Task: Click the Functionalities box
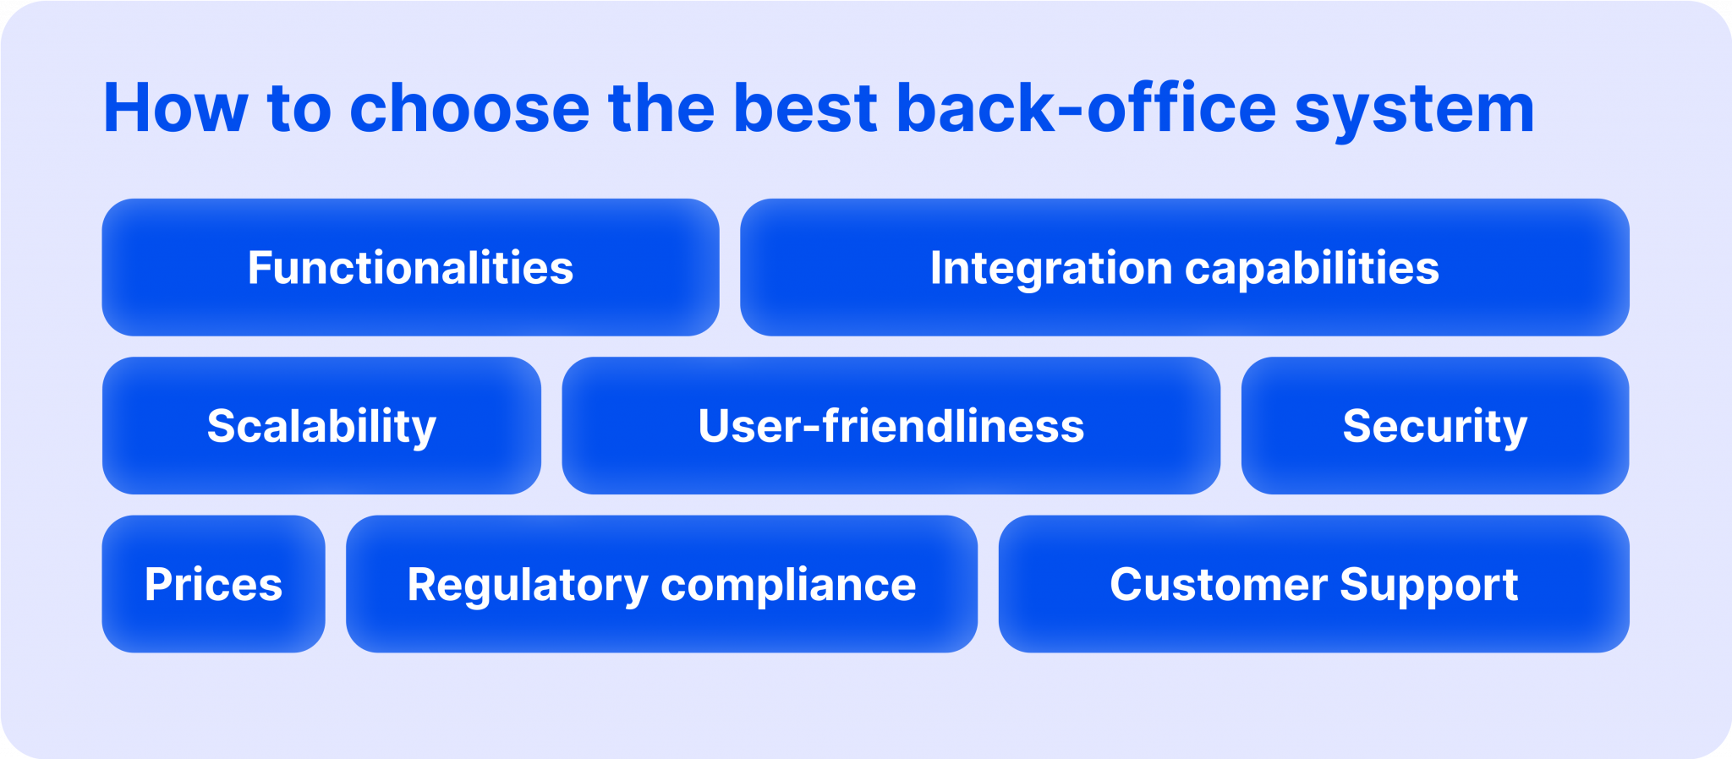coord(410,267)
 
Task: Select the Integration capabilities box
coord(1184,267)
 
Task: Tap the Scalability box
coord(321,425)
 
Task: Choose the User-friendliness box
coord(891,425)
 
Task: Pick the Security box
coord(1434,425)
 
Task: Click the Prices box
coord(213,583)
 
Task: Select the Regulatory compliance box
coord(661,583)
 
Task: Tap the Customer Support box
coord(1313,583)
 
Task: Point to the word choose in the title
coord(469,108)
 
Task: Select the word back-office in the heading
coord(1086,108)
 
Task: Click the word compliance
coord(788,585)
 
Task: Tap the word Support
coord(1429,585)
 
